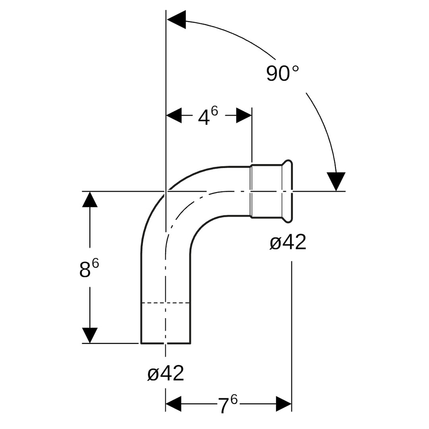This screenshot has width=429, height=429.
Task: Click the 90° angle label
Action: pos(282,73)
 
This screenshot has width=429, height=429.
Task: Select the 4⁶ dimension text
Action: pos(208,116)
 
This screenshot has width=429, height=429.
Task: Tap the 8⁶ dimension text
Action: pos(89,269)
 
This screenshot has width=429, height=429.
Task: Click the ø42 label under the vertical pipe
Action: pos(166,373)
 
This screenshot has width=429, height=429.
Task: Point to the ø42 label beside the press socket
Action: pos(288,242)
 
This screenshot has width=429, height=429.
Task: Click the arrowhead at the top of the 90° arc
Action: pos(176,19)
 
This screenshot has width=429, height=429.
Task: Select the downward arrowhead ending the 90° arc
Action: pos(336,181)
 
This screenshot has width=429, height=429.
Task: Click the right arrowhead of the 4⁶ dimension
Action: pos(243,116)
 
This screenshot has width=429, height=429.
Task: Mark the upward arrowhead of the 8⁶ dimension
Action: pos(90,199)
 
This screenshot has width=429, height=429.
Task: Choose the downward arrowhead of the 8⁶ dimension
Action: pos(90,335)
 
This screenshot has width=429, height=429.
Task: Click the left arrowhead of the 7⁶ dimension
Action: pos(174,404)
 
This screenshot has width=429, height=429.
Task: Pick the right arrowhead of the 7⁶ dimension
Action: pos(284,404)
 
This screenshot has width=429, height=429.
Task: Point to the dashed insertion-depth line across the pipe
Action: pos(166,303)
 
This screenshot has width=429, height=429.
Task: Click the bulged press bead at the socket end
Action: pos(289,191)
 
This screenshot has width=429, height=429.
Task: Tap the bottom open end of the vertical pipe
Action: pos(166,343)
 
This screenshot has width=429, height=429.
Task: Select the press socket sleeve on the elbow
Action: pos(266,191)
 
